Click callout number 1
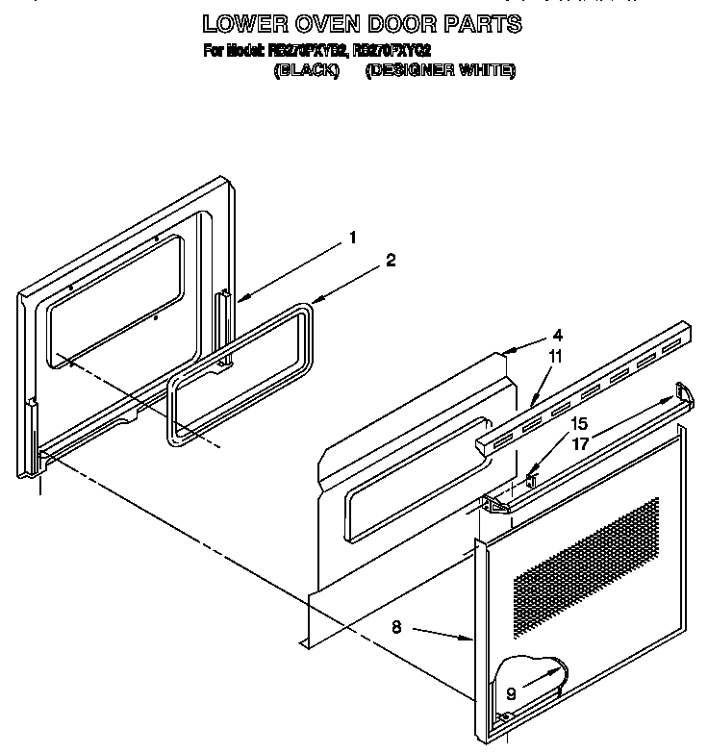(x=353, y=238)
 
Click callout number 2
(x=390, y=259)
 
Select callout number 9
(x=510, y=692)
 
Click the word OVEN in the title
(x=361, y=22)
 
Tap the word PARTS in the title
(x=476, y=22)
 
